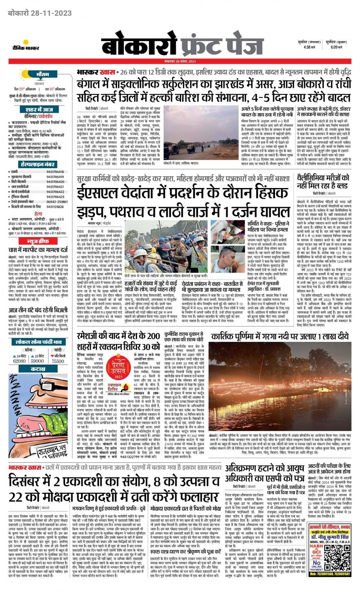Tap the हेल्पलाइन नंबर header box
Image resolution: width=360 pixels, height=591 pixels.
click(x=37, y=164)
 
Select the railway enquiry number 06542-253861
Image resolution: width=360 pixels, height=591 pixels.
click(x=57, y=201)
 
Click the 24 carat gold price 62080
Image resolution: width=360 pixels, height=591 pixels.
click(x=19, y=361)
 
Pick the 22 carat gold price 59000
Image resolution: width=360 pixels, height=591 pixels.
click(x=37, y=361)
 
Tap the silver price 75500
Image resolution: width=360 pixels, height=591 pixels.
click(x=58, y=361)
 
